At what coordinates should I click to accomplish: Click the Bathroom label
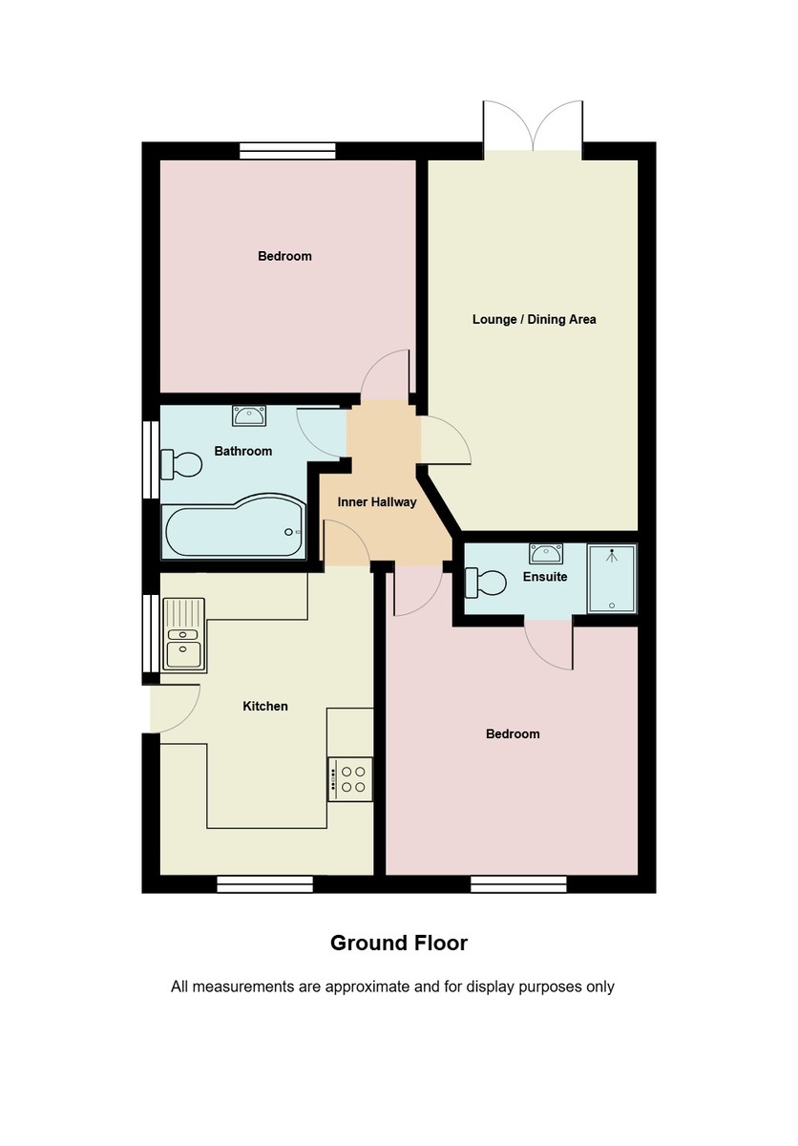pyautogui.click(x=242, y=452)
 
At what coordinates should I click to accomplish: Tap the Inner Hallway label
pyautogui.click(x=377, y=501)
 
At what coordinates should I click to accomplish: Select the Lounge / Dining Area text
pyautogui.click(x=534, y=319)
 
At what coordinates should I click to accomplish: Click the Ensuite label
pyautogui.click(x=545, y=577)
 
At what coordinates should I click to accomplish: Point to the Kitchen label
pyautogui.click(x=264, y=707)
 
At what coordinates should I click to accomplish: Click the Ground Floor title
pyautogui.click(x=399, y=944)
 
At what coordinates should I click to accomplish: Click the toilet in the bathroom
pyautogui.click(x=181, y=464)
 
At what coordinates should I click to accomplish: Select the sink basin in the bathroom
pyautogui.click(x=250, y=414)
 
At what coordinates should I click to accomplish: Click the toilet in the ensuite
pyautogui.click(x=485, y=580)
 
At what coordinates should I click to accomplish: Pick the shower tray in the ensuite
pyautogui.click(x=612, y=578)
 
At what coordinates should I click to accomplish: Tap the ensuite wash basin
pyautogui.click(x=546, y=552)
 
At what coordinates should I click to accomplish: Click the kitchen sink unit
pyautogui.click(x=182, y=633)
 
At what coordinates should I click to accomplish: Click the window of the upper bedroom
pyautogui.click(x=287, y=150)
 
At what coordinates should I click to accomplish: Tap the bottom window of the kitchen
pyautogui.click(x=264, y=884)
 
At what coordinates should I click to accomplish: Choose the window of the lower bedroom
pyautogui.click(x=518, y=884)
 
